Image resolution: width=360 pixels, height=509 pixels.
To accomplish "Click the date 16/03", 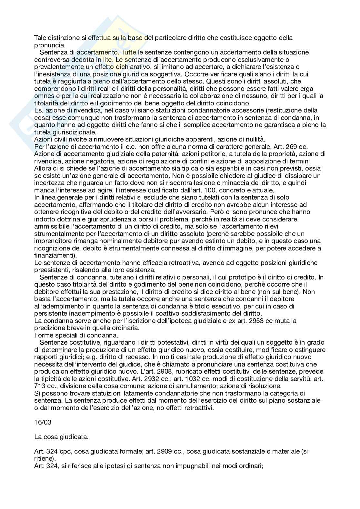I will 41,423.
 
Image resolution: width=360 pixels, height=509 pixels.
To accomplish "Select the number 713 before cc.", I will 39,386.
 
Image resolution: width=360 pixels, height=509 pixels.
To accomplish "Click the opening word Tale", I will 40,38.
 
